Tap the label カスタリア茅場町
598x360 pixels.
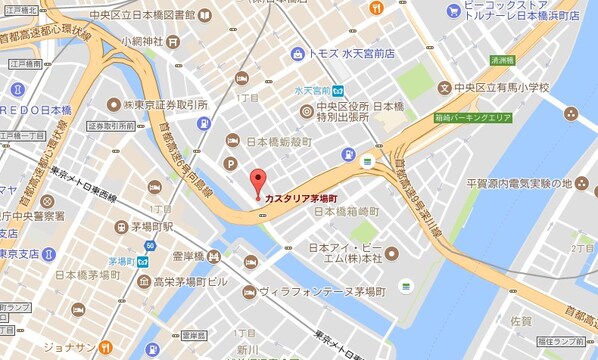(x=306, y=198)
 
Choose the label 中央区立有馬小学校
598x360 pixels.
(x=522, y=88)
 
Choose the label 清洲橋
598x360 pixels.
(x=503, y=61)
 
